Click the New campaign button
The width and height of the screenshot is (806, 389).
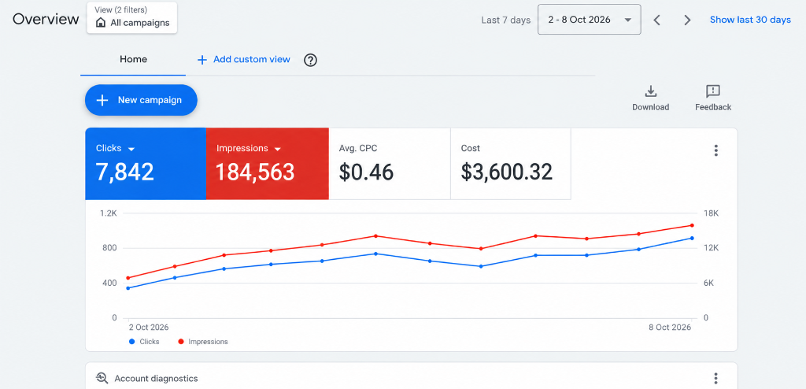click(141, 100)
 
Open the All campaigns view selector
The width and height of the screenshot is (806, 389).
click(132, 17)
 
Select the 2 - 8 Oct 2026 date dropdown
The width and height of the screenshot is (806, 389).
click(589, 20)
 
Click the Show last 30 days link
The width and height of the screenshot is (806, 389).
click(750, 20)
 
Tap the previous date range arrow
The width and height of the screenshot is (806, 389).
click(656, 20)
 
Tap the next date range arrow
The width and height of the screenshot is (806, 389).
click(687, 20)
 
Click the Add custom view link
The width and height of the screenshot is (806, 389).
click(244, 60)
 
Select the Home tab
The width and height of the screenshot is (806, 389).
click(133, 60)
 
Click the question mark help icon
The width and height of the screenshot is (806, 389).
click(310, 60)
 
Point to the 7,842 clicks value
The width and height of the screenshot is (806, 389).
click(125, 172)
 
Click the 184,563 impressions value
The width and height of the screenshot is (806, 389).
click(255, 172)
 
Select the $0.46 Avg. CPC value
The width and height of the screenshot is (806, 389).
click(366, 172)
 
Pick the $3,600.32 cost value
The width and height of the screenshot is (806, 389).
click(506, 172)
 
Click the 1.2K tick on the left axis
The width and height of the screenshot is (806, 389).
click(109, 213)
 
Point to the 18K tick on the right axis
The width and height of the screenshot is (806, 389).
click(712, 213)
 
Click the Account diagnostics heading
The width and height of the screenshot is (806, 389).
click(156, 379)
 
